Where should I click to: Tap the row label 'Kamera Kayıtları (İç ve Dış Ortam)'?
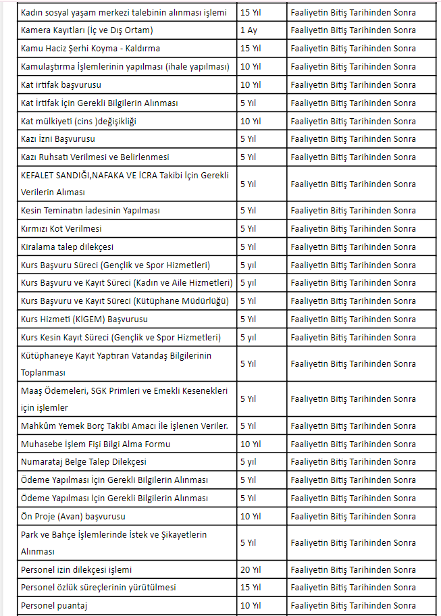click(x=87, y=30)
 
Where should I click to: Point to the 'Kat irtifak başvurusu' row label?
click(x=61, y=84)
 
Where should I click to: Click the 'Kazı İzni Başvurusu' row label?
click(x=58, y=138)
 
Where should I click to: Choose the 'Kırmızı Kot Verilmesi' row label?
click(x=61, y=228)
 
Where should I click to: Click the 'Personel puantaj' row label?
click(x=54, y=606)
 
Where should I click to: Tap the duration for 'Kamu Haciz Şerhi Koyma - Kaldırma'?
click(x=250, y=49)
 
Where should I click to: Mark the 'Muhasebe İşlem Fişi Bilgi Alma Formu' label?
click(x=95, y=444)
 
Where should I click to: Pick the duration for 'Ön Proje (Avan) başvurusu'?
click(x=250, y=516)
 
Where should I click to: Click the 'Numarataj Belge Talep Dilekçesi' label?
click(x=84, y=462)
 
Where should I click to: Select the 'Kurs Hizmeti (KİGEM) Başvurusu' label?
click(x=84, y=319)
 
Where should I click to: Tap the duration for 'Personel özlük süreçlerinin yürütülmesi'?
click(x=250, y=588)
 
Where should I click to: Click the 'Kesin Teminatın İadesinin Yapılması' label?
click(x=90, y=211)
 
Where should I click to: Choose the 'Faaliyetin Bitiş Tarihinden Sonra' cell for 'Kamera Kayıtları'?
click(x=353, y=30)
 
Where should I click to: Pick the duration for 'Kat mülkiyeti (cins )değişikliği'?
click(x=250, y=121)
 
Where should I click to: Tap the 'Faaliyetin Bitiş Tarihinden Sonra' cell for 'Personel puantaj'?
click(x=353, y=606)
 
